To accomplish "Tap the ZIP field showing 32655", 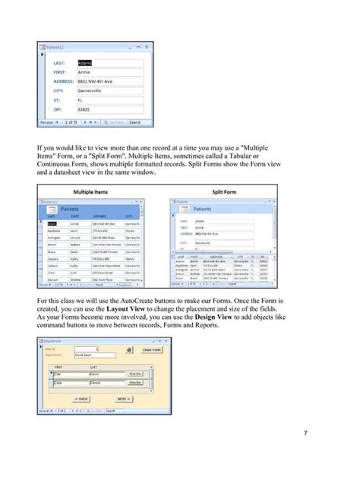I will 85,109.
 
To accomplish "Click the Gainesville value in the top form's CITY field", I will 91,90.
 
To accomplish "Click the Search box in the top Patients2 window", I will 134,122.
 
